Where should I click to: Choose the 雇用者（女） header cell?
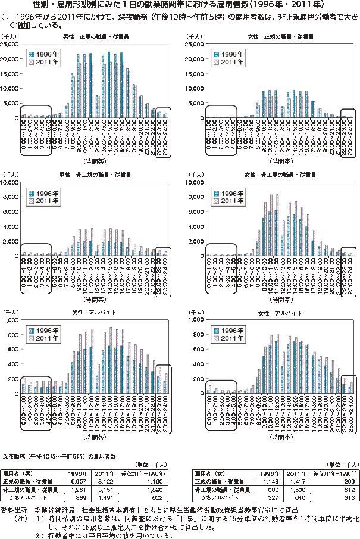[x=211, y=472]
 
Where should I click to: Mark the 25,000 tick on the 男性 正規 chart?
[x=10, y=45]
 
